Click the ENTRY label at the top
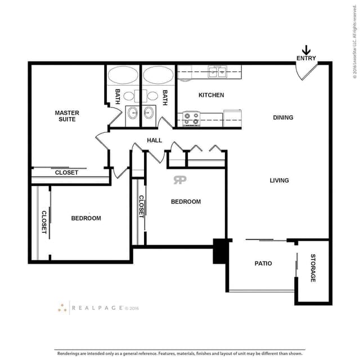click(x=306, y=58)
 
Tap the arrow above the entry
click(x=306, y=50)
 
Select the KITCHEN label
click(x=211, y=95)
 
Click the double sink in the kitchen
click(x=217, y=72)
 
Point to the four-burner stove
click(x=191, y=119)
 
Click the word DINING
click(x=283, y=118)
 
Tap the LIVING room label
click(x=279, y=181)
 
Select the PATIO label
click(x=263, y=263)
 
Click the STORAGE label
click(x=313, y=268)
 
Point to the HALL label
click(x=154, y=140)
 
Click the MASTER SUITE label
click(x=67, y=116)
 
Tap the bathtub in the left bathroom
click(x=123, y=75)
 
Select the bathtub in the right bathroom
click(x=159, y=75)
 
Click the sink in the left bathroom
click(x=133, y=113)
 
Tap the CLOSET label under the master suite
click(x=66, y=173)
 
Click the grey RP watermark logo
click(x=180, y=180)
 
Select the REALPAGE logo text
click(x=97, y=308)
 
